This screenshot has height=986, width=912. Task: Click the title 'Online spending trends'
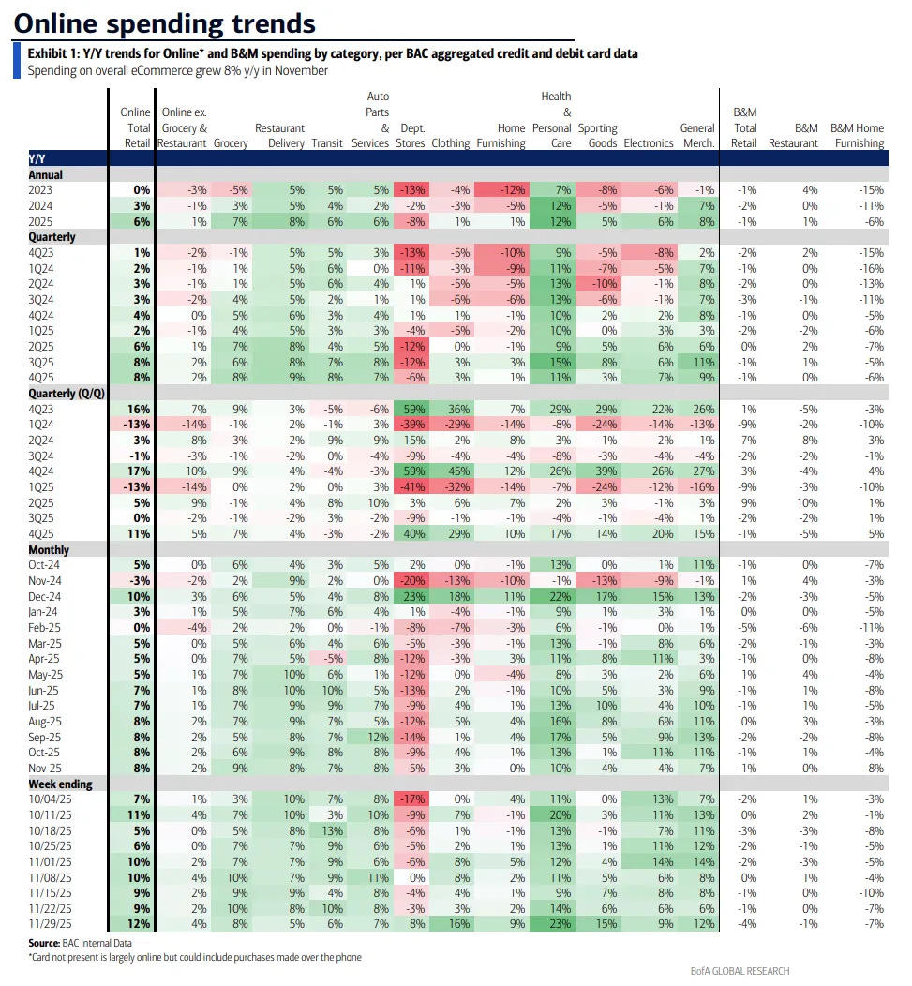pos(165,22)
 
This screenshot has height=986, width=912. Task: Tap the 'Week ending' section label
pos(60,784)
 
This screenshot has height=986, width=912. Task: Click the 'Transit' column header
pos(327,143)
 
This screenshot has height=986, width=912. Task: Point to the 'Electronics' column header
pos(648,143)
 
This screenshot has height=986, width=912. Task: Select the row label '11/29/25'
pos(52,924)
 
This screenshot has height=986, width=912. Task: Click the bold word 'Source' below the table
pos(45,942)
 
